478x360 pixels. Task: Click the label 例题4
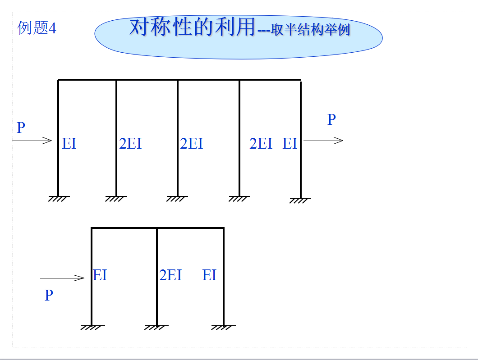click(37, 28)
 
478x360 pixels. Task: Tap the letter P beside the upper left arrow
click(21, 128)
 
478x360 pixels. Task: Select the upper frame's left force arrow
click(32, 141)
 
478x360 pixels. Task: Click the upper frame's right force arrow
click(323, 141)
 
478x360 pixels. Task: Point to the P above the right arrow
click(331, 119)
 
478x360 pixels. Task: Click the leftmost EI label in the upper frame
click(69, 144)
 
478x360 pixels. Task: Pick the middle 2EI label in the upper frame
click(191, 144)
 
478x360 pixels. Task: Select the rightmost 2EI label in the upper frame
click(261, 144)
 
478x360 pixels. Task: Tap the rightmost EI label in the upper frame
click(290, 144)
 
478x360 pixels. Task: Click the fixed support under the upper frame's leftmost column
click(59, 198)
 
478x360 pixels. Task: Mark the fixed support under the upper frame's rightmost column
click(300, 200)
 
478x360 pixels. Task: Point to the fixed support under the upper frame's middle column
click(177, 198)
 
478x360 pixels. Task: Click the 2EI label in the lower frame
click(170, 275)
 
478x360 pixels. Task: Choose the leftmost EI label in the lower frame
click(100, 275)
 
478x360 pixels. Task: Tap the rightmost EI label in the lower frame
click(209, 275)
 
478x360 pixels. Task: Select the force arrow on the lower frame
click(62, 278)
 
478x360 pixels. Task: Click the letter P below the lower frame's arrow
click(49, 296)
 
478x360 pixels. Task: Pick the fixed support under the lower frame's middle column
click(157, 328)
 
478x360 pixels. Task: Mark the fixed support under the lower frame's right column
click(223, 328)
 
